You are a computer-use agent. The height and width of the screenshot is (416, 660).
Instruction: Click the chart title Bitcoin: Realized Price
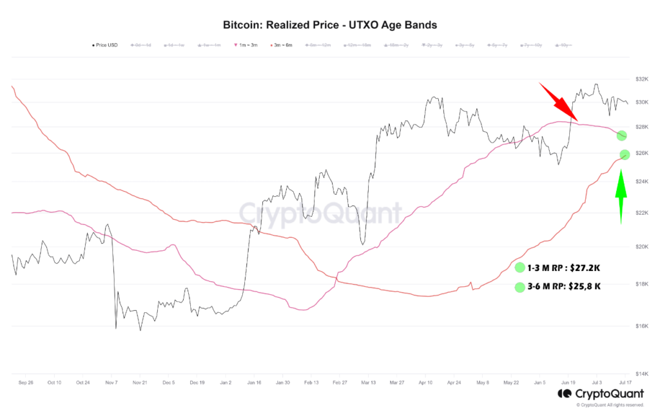(329, 25)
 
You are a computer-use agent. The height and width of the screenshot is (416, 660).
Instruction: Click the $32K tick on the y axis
(641, 79)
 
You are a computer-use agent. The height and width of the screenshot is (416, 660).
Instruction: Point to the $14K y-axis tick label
(641, 373)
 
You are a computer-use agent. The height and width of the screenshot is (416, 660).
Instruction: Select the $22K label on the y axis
(641, 213)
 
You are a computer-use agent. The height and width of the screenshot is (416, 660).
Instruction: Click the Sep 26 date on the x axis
(26, 382)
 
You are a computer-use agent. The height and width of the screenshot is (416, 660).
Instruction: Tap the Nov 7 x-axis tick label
(111, 382)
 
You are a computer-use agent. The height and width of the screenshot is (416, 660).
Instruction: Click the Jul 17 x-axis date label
(624, 382)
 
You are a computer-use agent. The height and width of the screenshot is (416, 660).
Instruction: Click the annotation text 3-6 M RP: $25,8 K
(564, 286)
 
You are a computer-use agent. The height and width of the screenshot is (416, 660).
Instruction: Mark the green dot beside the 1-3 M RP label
(520, 268)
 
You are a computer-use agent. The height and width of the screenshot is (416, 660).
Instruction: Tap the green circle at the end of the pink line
(621, 135)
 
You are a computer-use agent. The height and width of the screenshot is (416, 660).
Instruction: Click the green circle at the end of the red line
(624, 154)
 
